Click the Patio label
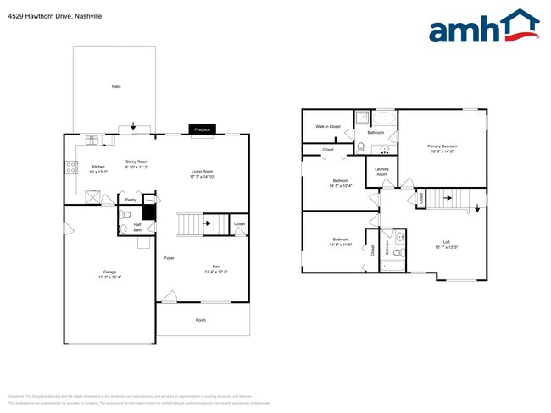115,87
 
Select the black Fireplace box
202,129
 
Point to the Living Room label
202,172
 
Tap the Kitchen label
98,167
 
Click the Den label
215,267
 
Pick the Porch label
201,320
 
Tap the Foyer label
169,258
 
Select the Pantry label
131,201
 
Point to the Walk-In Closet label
328,126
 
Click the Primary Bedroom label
440,146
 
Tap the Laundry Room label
381,172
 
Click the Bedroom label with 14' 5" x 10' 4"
341,181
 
